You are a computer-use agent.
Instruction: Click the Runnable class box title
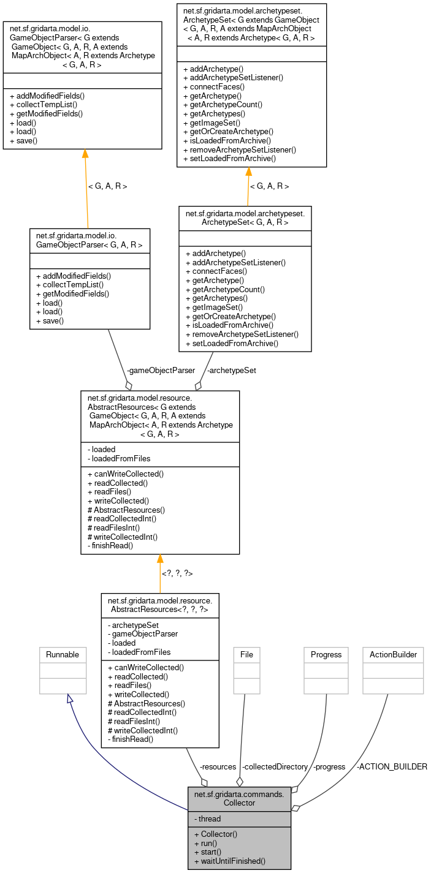tap(63, 654)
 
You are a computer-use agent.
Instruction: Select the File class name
tap(246, 654)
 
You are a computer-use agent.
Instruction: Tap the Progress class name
tap(326, 654)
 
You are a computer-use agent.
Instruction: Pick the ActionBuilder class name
tap(393, 654)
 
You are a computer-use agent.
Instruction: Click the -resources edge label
tap(218, 766)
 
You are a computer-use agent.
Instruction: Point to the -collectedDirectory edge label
tap(275, 766)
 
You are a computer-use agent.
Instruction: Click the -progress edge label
tap(329, 766)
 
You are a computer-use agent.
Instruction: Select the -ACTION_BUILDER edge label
tap(392, 766)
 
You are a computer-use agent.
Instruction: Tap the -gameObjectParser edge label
tap(161, 370)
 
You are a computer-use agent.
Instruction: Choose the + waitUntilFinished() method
tap(229, 861)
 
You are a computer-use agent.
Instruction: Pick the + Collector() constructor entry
tap(215, 834)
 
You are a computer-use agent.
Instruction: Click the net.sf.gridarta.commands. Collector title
tap(239, 798)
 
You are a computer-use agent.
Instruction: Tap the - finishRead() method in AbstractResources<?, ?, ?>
tap(131, 739)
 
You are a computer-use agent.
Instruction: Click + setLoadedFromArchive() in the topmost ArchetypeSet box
tap(230, 158)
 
